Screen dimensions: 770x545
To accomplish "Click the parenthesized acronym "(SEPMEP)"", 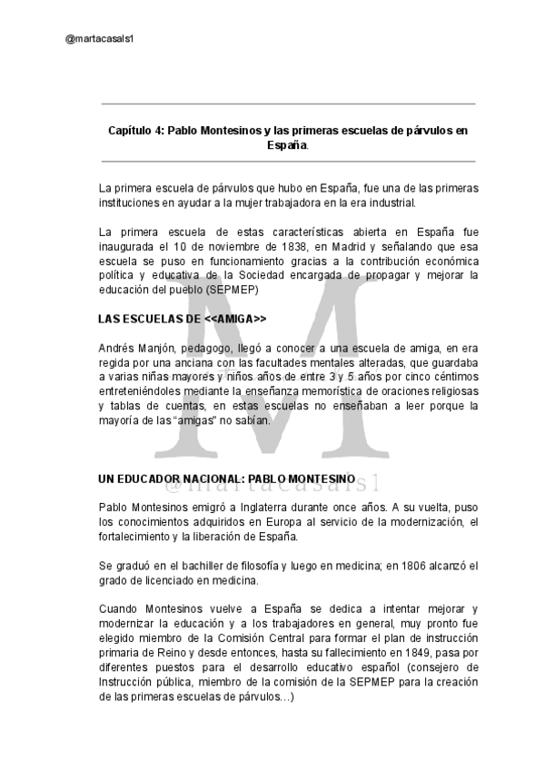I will (233, 290).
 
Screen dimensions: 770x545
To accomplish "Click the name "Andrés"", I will (116, 348).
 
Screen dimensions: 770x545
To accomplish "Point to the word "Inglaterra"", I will (280, 508).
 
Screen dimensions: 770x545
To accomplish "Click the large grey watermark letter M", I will (272, 381).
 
